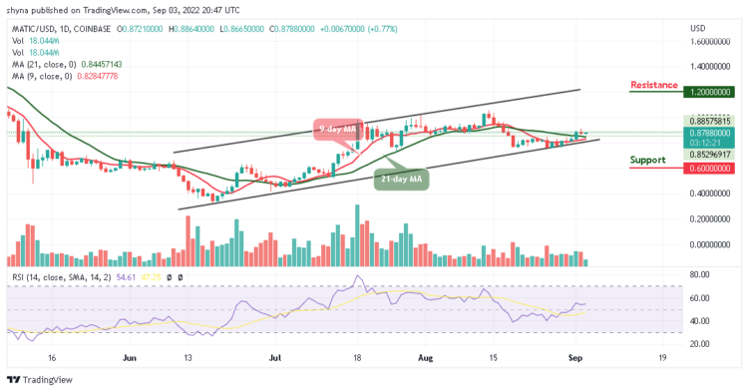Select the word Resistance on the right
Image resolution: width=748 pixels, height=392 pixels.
654,86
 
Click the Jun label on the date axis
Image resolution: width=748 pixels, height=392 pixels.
129,355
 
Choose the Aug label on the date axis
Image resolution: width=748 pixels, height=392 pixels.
426,355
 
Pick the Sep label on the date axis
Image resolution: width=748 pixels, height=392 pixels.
575,355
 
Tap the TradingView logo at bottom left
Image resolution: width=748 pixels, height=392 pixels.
41,380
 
